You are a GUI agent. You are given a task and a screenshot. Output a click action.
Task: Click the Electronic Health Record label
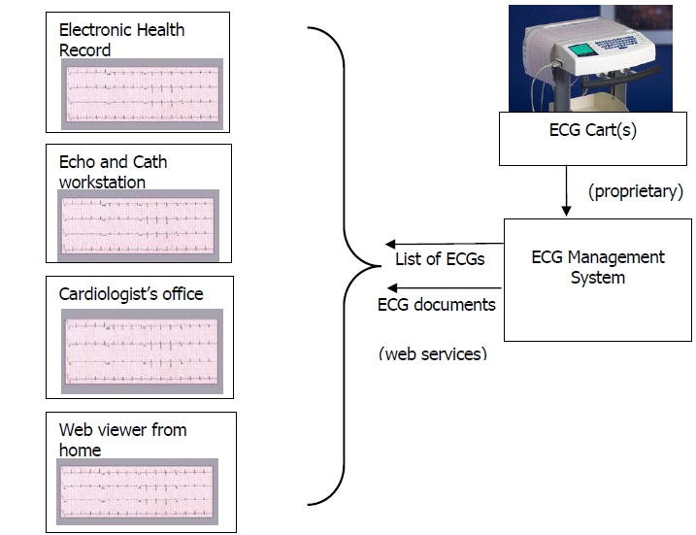point(121,40)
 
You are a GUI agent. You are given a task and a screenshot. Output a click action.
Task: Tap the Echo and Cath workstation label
point(113,172)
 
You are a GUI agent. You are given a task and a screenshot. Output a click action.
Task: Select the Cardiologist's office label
point(131,294)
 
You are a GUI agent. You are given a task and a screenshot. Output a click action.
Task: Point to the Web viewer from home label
point(122,440)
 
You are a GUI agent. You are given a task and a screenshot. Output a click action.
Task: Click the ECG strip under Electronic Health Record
point(142,94)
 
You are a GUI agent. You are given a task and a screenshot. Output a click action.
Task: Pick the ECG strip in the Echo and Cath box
point(138,225)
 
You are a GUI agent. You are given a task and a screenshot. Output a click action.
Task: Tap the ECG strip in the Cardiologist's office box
point(142,351)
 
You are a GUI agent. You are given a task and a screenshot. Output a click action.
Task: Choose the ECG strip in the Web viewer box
point(137,491)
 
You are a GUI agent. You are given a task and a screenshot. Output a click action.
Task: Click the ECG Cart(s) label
point(592,130)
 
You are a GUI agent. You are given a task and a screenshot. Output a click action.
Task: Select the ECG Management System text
point(598,267)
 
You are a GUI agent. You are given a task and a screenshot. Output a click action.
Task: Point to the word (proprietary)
point(636,191)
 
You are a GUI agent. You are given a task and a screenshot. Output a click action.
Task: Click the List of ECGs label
point(440,259)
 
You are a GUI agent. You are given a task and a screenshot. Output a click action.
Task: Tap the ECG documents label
point(436,305)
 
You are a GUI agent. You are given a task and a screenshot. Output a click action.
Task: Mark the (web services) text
point(433,353)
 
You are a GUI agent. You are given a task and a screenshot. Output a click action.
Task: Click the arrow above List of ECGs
point(445,244)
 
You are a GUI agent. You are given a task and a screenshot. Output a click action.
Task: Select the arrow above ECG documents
point(445,288)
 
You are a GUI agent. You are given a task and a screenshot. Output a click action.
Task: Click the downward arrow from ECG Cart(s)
point(566,191)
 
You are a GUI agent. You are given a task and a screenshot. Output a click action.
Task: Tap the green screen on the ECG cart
point(581,50)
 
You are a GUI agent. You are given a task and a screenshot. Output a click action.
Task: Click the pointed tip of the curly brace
point(381,266)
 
